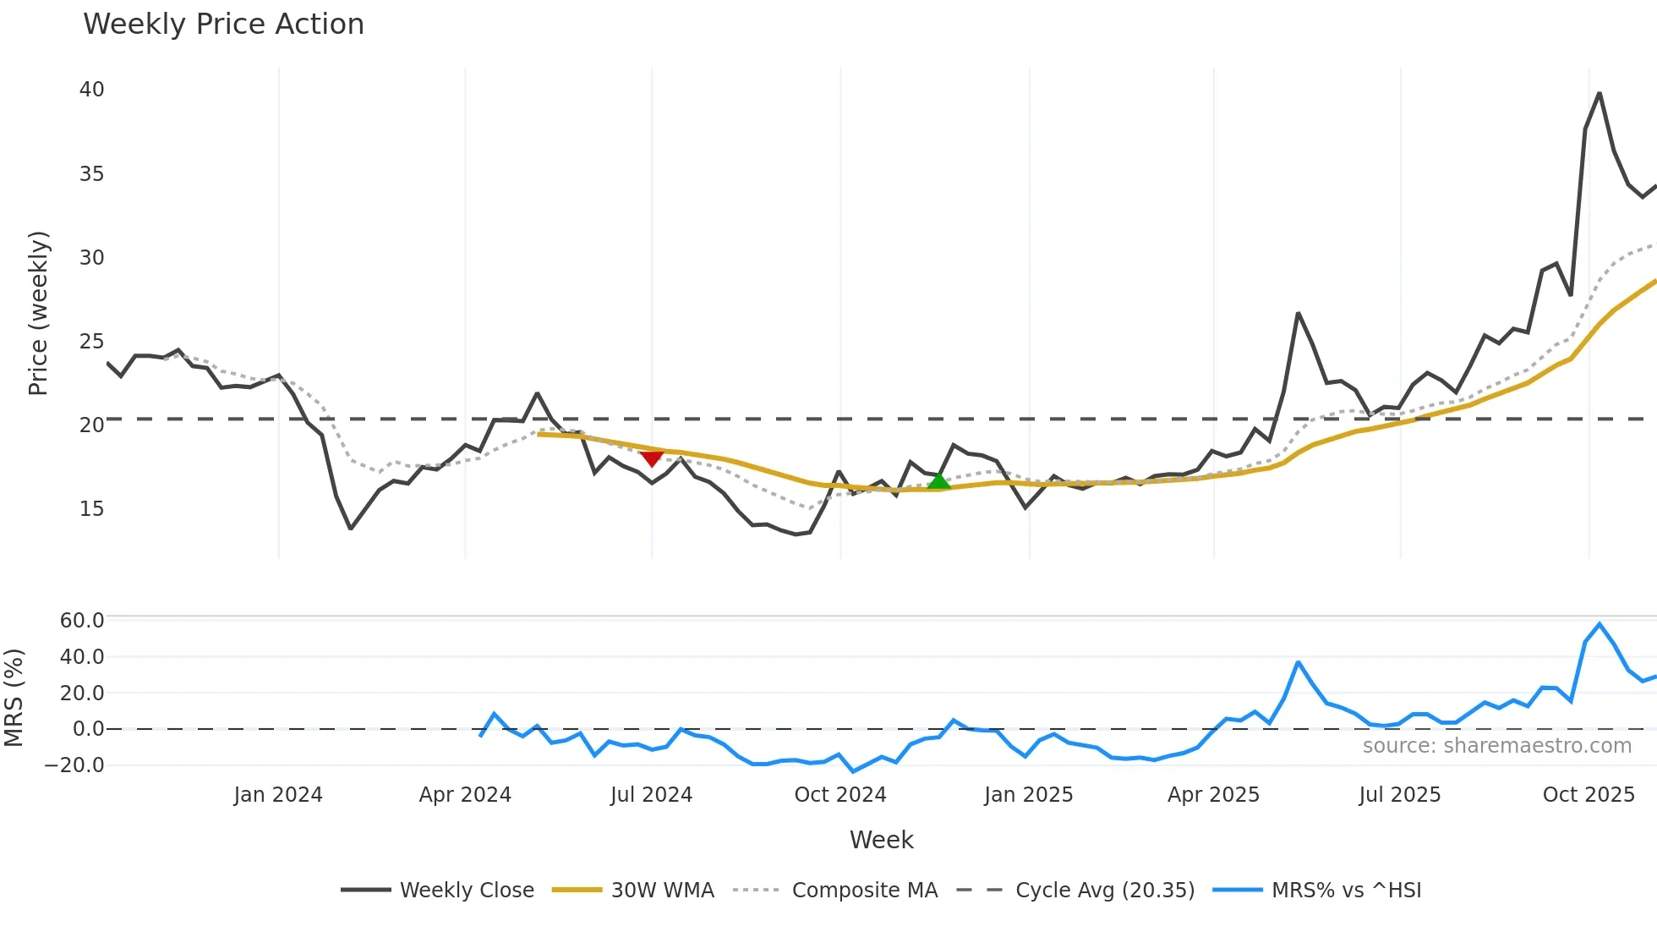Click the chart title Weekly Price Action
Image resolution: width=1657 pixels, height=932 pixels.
point(223,25)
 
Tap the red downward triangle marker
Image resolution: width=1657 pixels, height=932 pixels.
point(652,458)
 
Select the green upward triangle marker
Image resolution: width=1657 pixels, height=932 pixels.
point(938,481)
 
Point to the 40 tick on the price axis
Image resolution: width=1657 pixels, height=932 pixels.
point(91,90)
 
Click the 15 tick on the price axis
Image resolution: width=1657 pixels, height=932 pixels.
point(91,509)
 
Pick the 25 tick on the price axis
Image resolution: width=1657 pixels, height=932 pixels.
point(91,342)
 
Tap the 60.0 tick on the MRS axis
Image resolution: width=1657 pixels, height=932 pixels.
point(82,621)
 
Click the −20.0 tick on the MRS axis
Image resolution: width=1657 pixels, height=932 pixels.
point(74,765)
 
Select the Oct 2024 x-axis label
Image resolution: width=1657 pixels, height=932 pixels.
point(839,795)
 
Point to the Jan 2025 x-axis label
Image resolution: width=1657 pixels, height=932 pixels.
point(1028,795)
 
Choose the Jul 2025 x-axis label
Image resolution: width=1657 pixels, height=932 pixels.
point(1399,795)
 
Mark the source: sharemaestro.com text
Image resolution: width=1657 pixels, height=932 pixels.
point(1496,746)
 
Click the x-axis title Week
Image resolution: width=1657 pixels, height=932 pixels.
point(881,840)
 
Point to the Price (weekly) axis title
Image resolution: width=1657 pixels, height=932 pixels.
point(39,313)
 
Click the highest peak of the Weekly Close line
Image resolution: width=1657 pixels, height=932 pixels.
point(1600,94)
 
